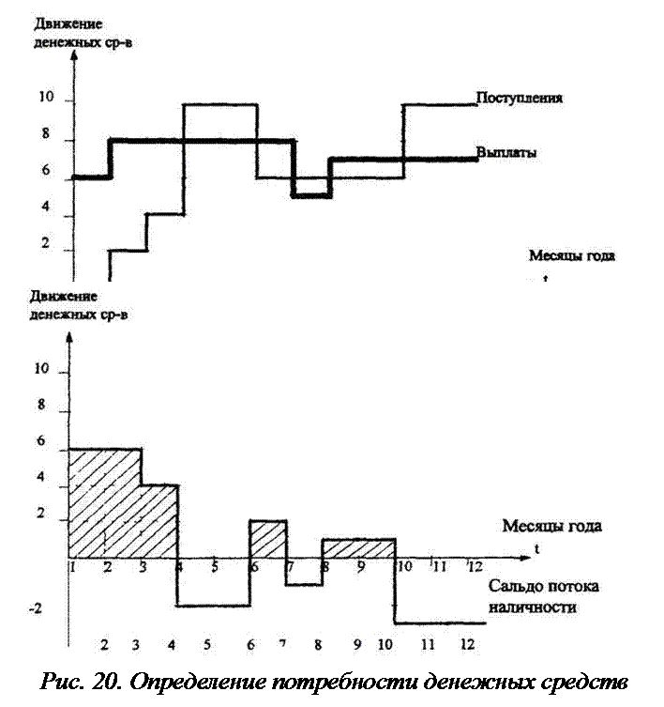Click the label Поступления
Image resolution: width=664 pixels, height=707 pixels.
pos(519,98)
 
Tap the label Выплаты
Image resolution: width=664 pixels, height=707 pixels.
pos(506,152)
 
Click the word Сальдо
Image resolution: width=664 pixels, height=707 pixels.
pos(514,586)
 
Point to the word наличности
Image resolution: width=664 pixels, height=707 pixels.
pos(532,607)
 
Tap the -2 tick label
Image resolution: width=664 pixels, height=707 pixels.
pos(35,608)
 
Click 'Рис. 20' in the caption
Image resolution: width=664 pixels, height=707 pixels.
pos(80,683)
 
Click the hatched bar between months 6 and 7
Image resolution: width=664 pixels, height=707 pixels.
pos(268,539)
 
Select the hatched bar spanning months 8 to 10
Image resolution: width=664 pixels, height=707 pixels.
pos(359,548)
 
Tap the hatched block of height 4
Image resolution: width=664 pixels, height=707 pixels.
pos(160,521)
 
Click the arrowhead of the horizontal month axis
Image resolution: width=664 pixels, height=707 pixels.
pos(527,559)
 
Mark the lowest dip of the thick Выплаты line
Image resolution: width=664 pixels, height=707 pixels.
pos(311,196)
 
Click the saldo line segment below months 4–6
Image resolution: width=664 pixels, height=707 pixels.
pos(214,606)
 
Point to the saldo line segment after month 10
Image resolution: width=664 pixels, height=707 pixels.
pos(441,623)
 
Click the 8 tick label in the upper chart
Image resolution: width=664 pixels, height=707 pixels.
pos(45,134)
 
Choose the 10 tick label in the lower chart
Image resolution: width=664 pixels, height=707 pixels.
pos(41,369)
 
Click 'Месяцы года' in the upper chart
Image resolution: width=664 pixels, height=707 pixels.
pos(572,255)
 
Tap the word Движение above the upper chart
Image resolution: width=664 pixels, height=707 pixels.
pos(68,23)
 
